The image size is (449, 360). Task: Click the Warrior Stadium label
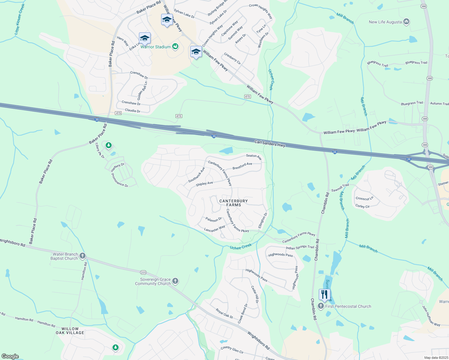(x=155, y=47)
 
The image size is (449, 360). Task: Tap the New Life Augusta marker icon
(x=407, y=22)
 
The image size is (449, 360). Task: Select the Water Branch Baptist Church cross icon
(x=83, y=256)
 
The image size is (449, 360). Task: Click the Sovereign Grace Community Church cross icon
(x=175, y=281)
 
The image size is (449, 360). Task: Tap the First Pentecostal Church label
(x=348, y=306)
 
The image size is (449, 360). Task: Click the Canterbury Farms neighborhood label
(x=234, y=203)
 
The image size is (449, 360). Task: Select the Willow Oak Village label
(x=70, y=331)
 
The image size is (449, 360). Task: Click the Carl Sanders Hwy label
(x=270, y=143)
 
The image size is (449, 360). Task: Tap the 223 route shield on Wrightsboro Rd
(x=143, y=272)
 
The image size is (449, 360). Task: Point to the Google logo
(x=10, y=356)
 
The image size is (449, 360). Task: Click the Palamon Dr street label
(x=214, y=220)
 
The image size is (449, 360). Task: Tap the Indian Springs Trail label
(x=300, y=247)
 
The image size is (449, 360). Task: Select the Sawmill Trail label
(x=340, y=188)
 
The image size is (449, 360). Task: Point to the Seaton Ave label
(x=254, y=156)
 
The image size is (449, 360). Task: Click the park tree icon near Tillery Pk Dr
(x=109, y=145)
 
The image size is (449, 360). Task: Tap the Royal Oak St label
(x=224, y=313)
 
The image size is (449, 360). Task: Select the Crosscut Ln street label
(x=364, y=199)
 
